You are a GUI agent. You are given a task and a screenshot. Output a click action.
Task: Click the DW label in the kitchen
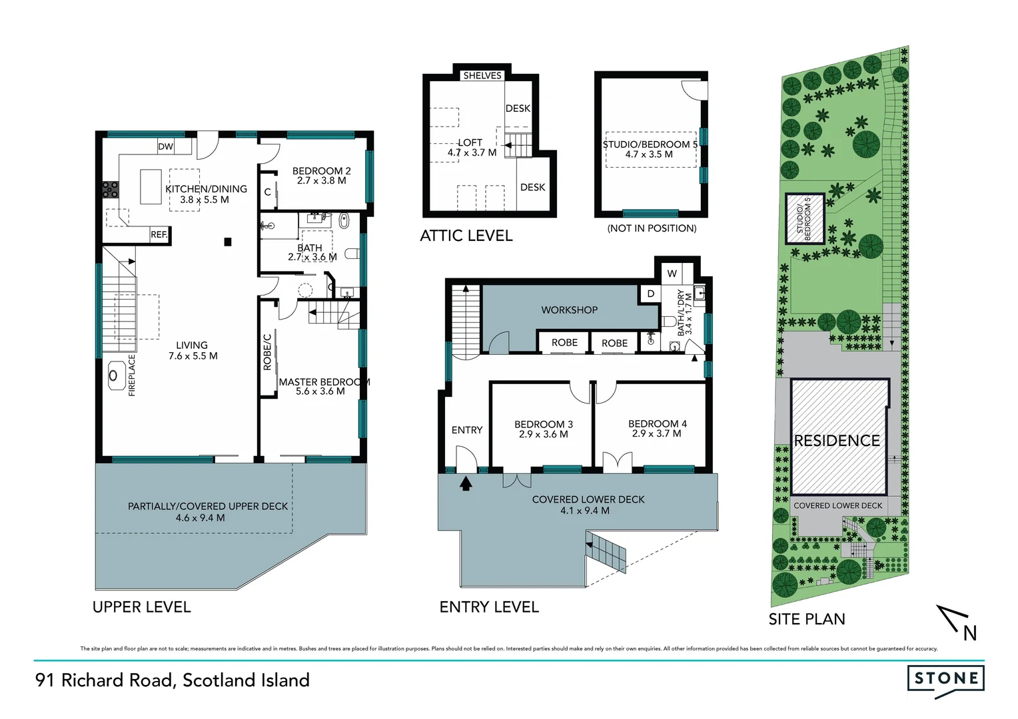(165, 146)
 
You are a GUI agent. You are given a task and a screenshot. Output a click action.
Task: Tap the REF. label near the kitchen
(159, 234)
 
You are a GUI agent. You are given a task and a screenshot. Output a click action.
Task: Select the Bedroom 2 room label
(321, 171)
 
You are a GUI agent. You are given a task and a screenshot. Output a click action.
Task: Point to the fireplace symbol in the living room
(113, 376)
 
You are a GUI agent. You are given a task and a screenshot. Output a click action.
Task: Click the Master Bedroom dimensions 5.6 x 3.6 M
(320, 391)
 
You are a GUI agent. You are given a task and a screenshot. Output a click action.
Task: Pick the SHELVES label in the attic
(482, 76)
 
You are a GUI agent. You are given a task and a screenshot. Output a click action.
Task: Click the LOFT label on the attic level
(470, 142)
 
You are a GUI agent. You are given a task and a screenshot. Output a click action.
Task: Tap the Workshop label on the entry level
(569, 310)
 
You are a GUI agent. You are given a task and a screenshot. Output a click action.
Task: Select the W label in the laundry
(672, 274)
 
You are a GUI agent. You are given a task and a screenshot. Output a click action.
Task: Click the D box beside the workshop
(650, 294)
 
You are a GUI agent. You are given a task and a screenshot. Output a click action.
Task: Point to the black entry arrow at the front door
(466, 483)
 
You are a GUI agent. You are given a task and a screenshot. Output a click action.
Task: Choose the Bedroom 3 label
(543, 424)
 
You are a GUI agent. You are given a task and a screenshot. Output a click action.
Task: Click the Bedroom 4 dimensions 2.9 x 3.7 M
(657, 433)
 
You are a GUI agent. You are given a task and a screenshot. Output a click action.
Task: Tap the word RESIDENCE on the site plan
(837, 441)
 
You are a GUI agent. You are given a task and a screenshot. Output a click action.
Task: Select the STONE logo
(945, 679)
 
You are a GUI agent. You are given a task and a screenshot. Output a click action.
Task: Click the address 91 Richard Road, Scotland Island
(173, 680)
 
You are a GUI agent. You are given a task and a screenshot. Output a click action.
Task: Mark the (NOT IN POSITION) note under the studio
(652, 228)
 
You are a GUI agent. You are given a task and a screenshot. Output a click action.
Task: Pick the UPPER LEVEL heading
(141, 607)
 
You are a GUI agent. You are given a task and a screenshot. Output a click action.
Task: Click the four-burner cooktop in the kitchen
(110, 190)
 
